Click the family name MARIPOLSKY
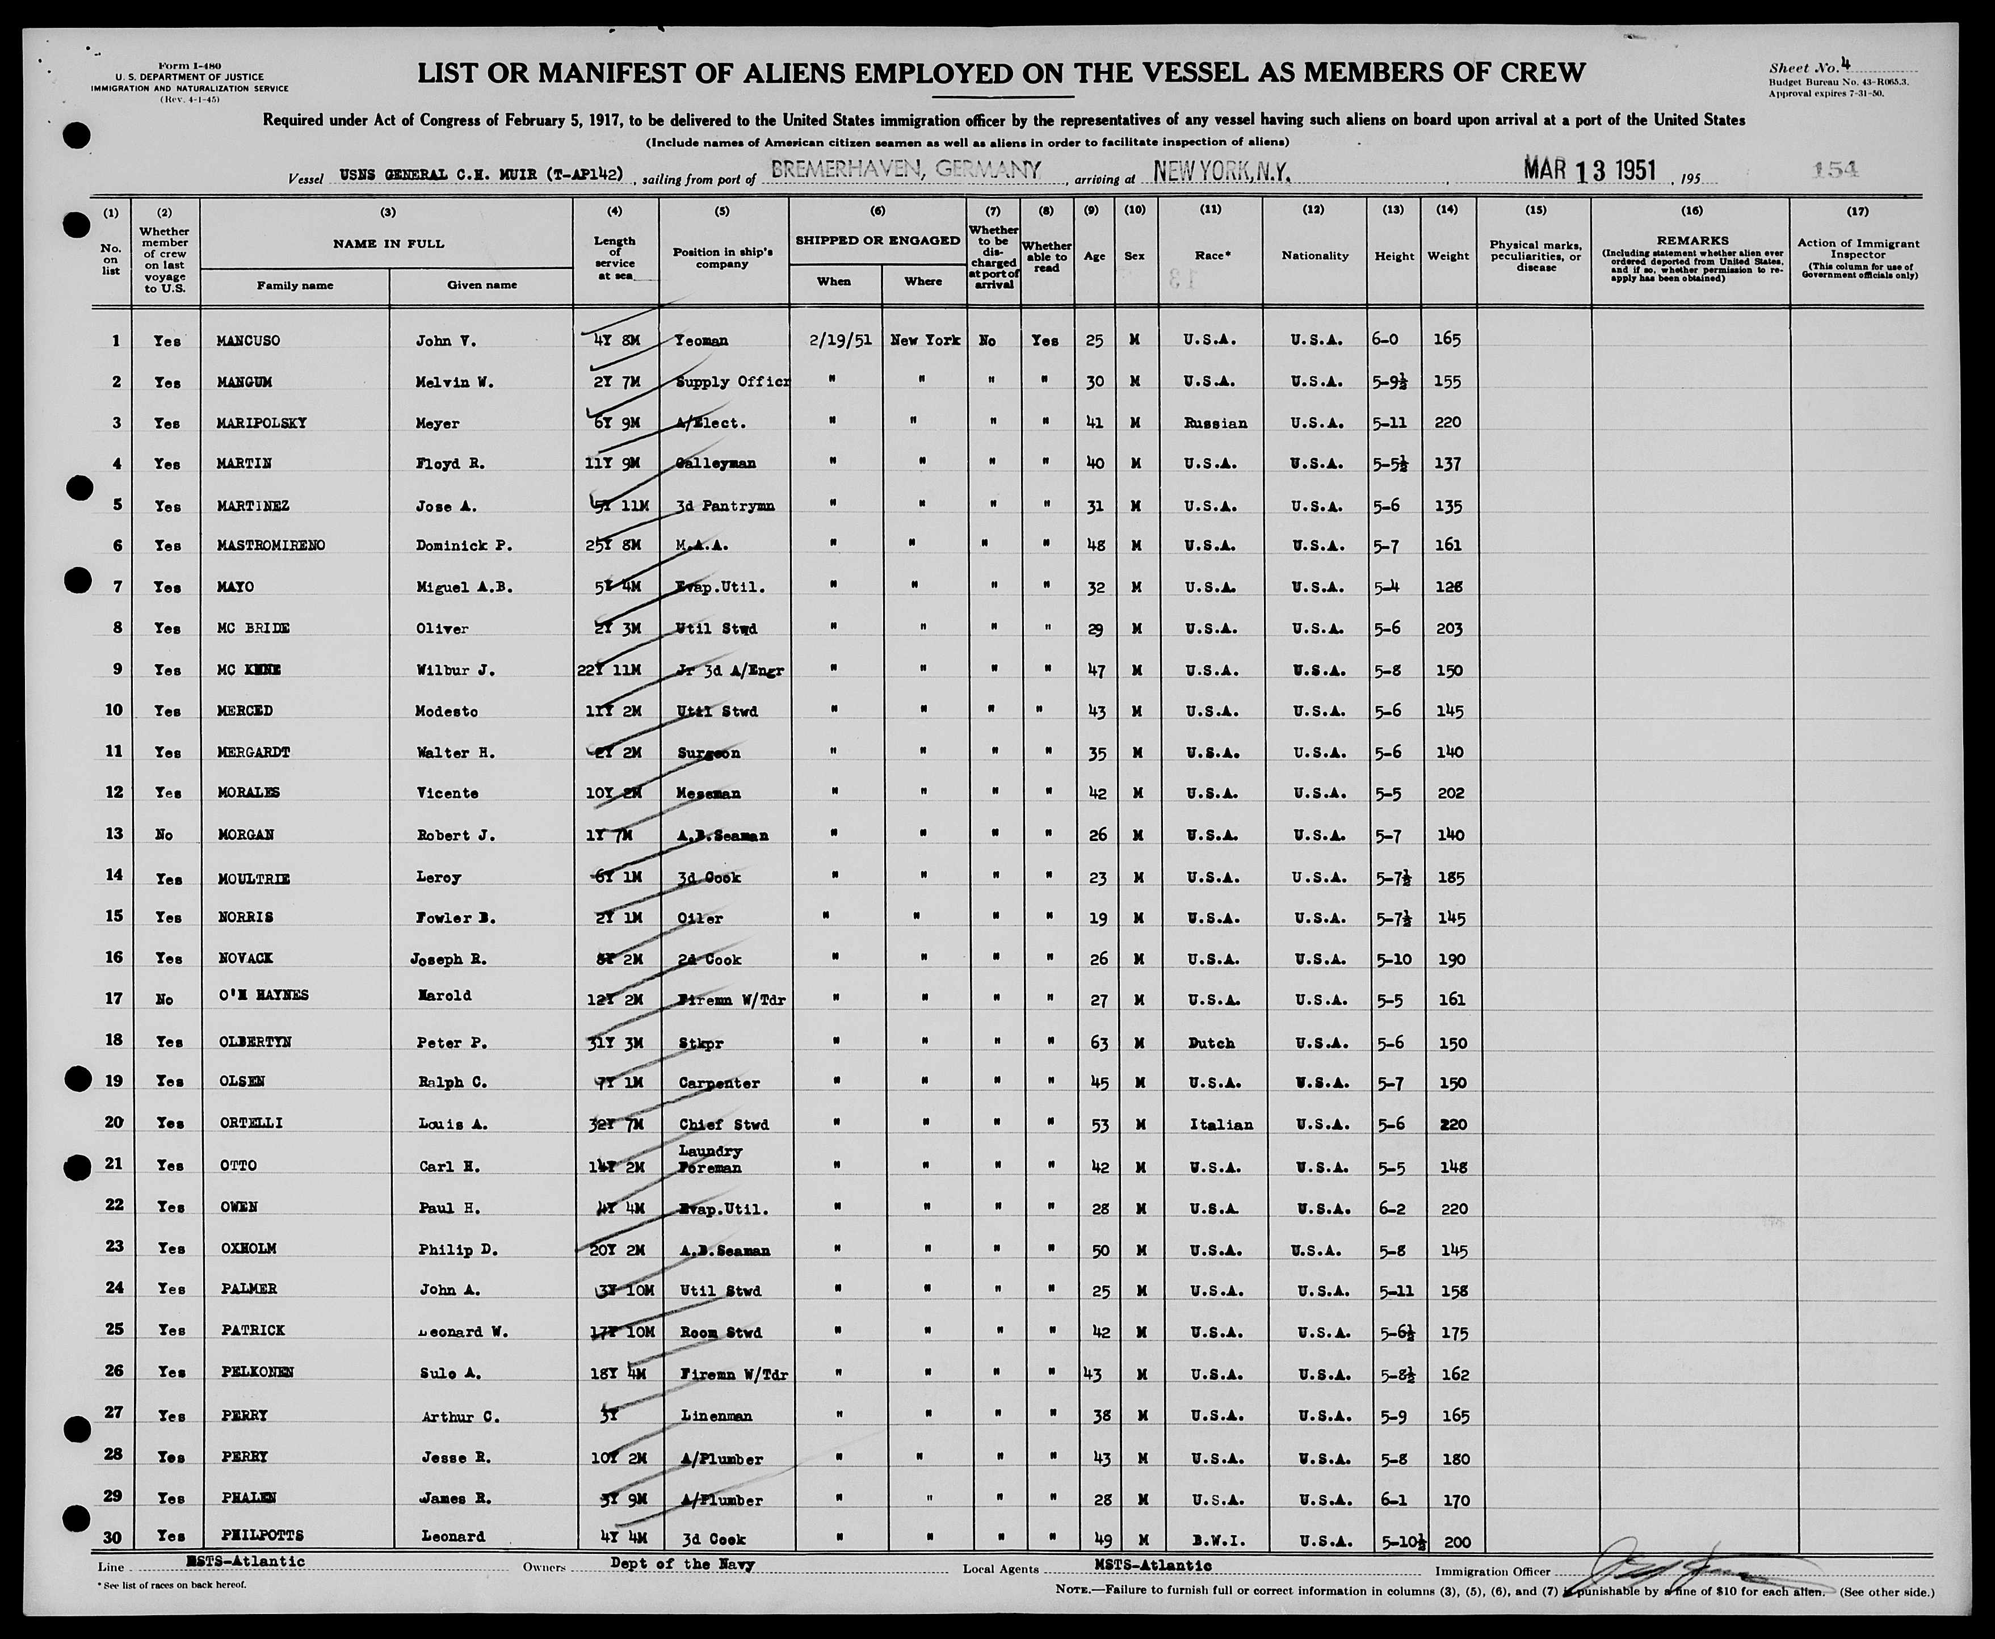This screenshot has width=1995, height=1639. (x=255, y=423)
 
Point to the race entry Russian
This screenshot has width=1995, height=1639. (x=1215, y=423)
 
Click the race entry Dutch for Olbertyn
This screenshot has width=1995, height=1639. (x=1211, y=1043)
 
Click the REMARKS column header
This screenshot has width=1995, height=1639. (x=1690, y=241)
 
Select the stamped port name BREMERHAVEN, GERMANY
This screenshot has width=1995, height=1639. (x=905, y=170)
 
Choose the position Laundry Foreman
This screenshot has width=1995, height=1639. (x=710, y=1159)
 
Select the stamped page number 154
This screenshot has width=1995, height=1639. (x=1836, y=169)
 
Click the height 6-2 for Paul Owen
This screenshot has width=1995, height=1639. (x=1387, y=1208)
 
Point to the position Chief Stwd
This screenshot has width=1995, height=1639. (x=723, y=1124)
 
